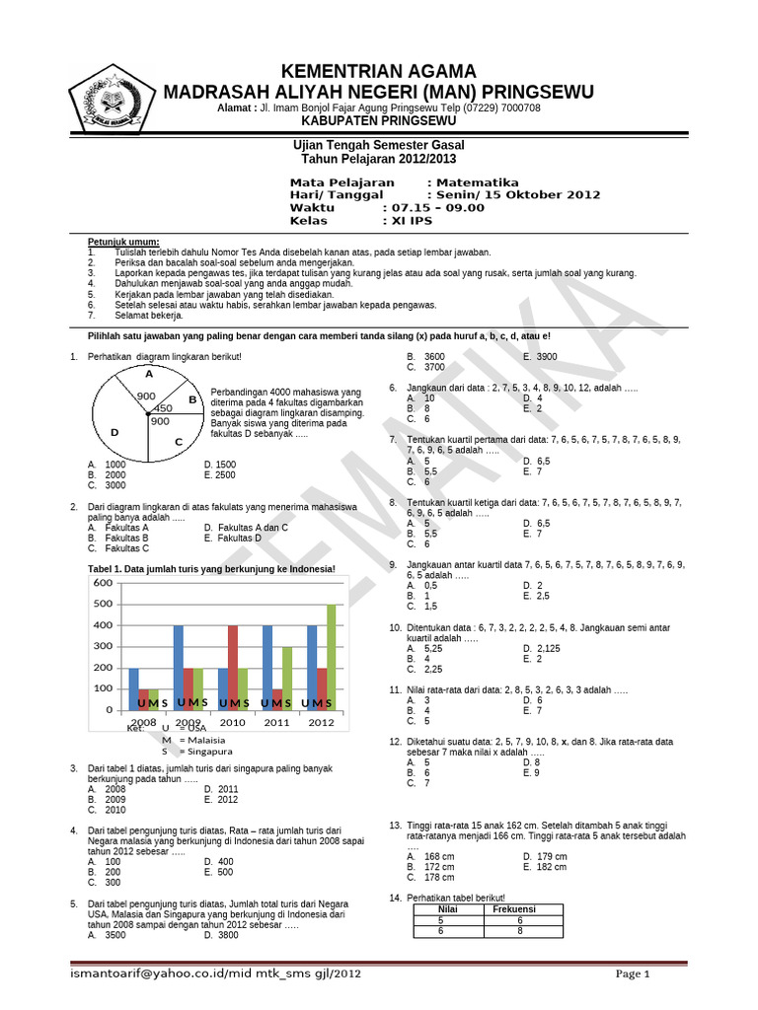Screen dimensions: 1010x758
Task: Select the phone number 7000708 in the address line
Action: click(516, 108)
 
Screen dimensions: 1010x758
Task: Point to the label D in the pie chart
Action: click(114, 432)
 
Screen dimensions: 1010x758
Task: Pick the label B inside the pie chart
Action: click(193, 399)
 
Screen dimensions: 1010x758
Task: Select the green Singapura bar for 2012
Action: click(331, 657)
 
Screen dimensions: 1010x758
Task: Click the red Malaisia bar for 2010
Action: click(233, 667)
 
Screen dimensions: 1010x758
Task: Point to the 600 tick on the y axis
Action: click(104, 583)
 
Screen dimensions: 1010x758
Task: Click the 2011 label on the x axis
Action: click(277, 723)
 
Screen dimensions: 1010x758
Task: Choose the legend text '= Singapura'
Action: click(202, 752)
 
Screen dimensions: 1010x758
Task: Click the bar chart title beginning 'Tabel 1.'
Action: click(212, 568)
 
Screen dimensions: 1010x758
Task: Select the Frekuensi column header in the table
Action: click(513, 908)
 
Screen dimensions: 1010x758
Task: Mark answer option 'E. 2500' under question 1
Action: click(220, 474)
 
